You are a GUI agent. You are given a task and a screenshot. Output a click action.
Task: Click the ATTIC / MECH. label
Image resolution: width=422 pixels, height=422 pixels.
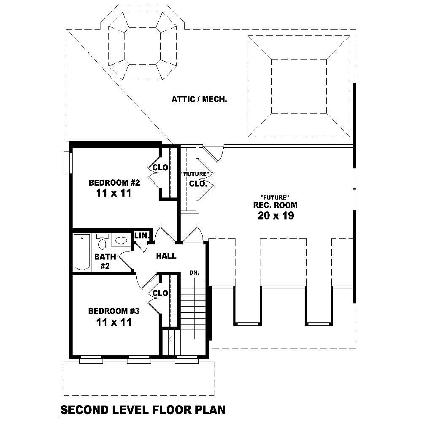[x=200, y=100]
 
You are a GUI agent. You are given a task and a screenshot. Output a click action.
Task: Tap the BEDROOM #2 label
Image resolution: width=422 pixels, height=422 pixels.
[x=114, y=183]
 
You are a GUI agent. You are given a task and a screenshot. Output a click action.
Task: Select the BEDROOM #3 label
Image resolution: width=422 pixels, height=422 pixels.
[x=114, y=311]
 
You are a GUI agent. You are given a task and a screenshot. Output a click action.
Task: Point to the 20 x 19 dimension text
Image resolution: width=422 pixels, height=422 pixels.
[x=275, y=216]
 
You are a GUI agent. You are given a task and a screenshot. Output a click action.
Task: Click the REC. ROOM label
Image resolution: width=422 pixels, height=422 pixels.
[x=275, y=206]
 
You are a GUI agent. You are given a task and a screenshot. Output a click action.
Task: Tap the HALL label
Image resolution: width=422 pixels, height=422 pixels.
[x=166, y=256]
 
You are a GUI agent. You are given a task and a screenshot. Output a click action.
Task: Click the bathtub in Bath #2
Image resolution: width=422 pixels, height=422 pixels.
[x=82, y=252]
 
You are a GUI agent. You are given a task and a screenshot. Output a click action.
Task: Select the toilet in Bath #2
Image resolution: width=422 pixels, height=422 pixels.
[x=102, y=242]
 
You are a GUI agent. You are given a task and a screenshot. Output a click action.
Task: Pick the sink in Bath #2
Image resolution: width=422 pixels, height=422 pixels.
[x=121, y=241]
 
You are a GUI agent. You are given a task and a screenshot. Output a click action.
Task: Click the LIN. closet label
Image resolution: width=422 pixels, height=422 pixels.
[x=140, y=235]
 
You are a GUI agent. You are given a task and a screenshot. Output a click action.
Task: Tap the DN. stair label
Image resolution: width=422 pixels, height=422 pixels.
[x=194, y=273]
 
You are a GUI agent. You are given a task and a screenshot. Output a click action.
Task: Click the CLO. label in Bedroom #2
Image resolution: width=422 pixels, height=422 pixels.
[x=161, y=168]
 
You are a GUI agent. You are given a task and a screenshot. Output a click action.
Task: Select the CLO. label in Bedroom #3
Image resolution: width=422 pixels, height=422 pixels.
[x=161, y=293]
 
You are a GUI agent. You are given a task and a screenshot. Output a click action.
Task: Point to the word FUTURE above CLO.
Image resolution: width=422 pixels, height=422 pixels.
[x=195, y=174]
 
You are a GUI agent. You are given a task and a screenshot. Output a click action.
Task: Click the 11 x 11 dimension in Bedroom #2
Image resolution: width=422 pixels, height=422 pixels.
[x=114, y=193]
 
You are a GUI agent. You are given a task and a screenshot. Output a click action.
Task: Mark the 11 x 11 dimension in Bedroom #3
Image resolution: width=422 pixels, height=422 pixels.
[x=114, y=322]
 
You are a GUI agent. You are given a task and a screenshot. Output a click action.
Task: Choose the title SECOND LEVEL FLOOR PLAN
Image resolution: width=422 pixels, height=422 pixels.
[x=143, y=409]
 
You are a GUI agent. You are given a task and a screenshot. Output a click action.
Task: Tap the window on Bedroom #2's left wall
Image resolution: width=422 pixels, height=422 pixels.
[x=66, y=162]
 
